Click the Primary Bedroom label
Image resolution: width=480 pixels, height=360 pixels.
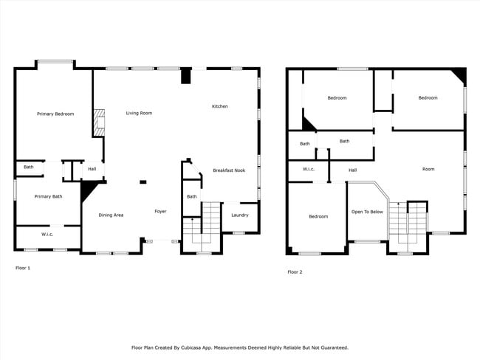55,114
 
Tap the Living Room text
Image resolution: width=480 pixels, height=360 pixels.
139,113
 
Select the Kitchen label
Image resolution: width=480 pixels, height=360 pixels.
220,106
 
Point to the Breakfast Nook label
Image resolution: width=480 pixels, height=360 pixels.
229,170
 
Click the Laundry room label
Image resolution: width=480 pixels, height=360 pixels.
239,215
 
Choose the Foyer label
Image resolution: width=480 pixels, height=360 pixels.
160,212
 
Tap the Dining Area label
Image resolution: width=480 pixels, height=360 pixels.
111,215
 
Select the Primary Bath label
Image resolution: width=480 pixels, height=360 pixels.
48,196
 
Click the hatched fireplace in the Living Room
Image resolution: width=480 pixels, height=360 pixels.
98,122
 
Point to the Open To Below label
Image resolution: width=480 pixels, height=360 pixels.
367,212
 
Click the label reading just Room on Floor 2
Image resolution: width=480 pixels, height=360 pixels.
428,169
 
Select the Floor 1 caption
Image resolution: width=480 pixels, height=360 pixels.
24,268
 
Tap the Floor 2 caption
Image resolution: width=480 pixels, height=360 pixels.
295,272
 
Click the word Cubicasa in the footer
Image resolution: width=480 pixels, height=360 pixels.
206,347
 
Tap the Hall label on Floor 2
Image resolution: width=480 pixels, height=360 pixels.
353,170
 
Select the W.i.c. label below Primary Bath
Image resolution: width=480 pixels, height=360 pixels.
47,235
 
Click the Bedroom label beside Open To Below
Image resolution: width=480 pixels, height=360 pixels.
318,216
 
